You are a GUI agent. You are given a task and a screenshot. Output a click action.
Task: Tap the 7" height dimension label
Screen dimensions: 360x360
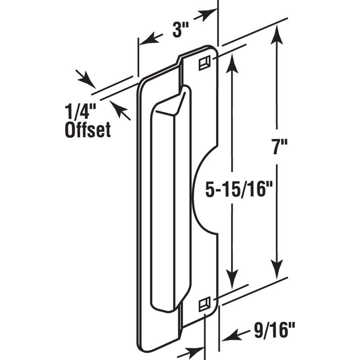[x=279, y=147]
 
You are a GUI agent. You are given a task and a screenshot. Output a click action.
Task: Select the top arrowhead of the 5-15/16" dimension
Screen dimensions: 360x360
[x=232, y=63]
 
